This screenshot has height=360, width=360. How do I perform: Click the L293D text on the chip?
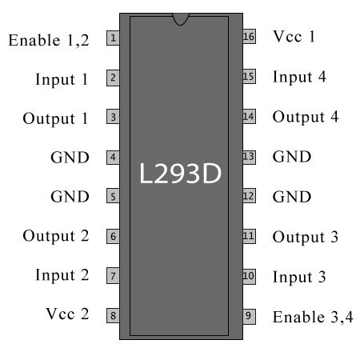tap(180, 174)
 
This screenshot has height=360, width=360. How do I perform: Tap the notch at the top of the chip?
tap(181, 19)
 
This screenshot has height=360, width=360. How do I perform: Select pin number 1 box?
tap(113, 38)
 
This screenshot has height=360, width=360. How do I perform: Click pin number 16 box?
tap(249, 36)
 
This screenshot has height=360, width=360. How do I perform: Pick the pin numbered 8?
tap(113, 316)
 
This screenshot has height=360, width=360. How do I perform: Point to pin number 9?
tap(249, 317)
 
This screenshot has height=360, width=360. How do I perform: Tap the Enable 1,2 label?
tap(49, 41)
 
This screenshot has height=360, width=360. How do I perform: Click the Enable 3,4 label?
tap(313, 317)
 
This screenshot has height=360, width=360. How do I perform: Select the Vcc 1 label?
tap(294, 37)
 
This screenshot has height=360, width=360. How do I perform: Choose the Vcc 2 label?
tap(67, 314)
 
